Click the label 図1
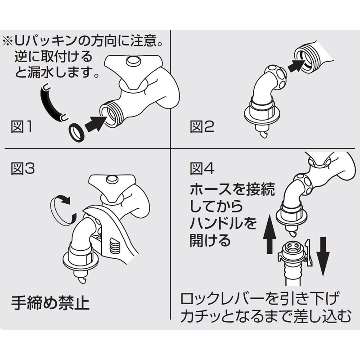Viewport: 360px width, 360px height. pos(22,127)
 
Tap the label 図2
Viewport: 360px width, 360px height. pos(202,127)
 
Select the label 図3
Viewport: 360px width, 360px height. pos(23,169)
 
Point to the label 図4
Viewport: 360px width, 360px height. pos(202,169)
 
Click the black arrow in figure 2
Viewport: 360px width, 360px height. pos(298,66)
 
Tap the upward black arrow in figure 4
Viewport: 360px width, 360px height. pos(270,234)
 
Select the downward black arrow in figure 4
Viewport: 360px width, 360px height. pos(323,256)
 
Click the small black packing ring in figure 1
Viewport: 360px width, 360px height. pos(76,133)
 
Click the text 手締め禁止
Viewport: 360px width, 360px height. pos(50,303)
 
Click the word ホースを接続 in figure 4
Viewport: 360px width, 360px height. pos(232,189)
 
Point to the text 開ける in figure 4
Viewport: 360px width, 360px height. pos(210,240)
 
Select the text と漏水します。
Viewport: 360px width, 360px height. pos(57,72)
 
